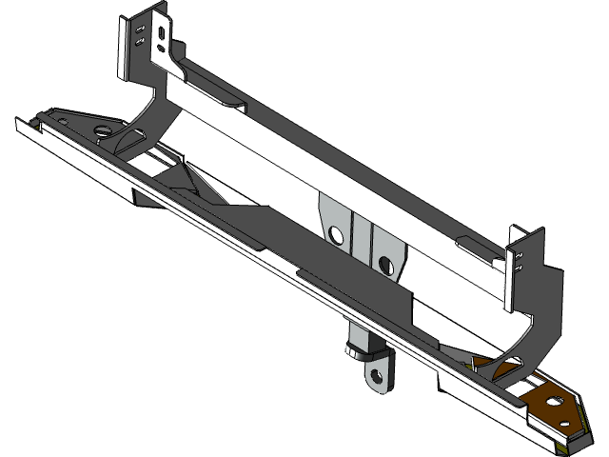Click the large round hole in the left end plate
[x=100, y=129]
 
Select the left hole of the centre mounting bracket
[x=335, y=233]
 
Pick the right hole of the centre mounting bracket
[x=385, y=260]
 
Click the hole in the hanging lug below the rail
[x=378, y=376]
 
